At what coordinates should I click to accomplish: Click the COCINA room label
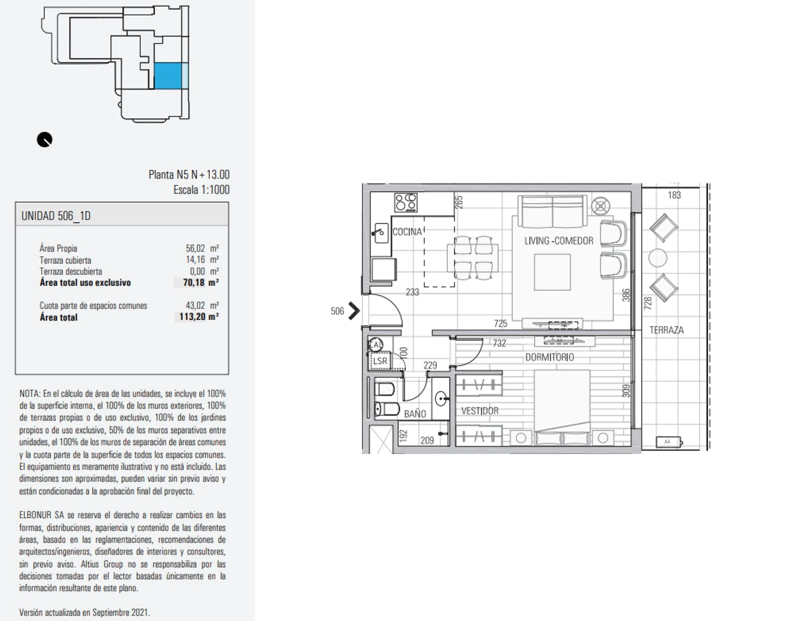(407, 232)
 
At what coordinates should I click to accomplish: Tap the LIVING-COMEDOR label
(559, 241)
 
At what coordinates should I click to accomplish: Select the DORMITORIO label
(549, 357)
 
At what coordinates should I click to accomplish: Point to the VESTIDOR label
(480, 410)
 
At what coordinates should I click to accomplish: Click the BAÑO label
(415, 413)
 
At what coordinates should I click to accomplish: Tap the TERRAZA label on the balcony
(666, 330)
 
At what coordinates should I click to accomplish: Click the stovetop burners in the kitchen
(406, 203)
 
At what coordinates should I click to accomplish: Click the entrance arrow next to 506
(354, 311)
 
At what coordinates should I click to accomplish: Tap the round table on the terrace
(658, 258)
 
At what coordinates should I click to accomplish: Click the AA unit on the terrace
(669, 442)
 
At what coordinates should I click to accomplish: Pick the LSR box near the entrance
(380, 361)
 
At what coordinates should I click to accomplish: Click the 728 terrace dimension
(648, 303)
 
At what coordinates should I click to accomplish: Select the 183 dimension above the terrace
(674, 195)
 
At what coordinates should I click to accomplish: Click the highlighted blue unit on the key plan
(168, 76)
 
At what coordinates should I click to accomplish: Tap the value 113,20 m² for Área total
(198, 317)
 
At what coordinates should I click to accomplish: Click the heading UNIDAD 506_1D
(56, 216)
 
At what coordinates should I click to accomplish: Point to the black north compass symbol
(45, 140)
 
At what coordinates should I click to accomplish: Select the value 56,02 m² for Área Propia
(202, 248)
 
